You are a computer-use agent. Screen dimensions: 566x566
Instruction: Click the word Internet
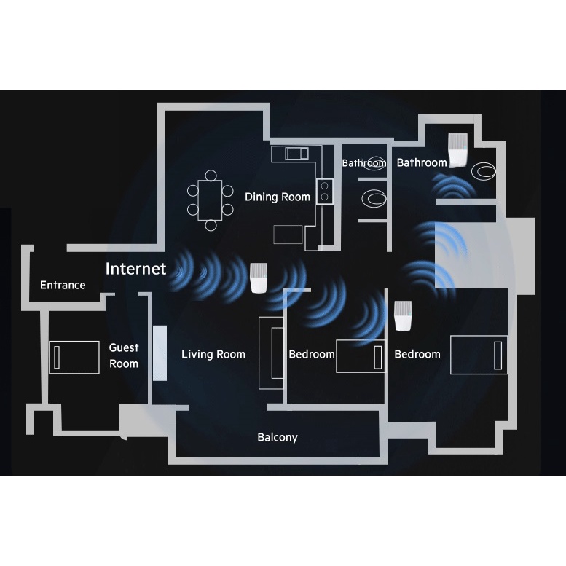pos(135,268)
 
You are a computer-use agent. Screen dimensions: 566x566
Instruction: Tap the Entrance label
pos(63,285)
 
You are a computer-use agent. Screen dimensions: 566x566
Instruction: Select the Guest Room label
pos(124,355)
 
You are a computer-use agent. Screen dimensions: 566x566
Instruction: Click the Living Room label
pos(213,354)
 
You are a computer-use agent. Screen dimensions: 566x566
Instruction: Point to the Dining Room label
pos(277,197)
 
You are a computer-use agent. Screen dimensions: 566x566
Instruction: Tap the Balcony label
pos(278,437)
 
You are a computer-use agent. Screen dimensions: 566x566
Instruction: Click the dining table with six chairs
pos(211,200)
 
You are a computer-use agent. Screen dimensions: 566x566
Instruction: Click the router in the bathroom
pos(457,151)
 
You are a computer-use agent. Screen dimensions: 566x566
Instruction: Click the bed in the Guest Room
pos(74,357)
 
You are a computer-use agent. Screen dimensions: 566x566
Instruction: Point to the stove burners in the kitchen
pos(325,191)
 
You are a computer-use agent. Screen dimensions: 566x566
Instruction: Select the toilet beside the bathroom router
pos(484,172)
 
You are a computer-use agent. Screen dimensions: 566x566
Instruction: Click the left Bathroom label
pos(363,163)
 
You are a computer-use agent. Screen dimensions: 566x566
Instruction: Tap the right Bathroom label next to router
pos(421,162)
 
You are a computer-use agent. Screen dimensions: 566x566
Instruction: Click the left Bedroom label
pos(312,354)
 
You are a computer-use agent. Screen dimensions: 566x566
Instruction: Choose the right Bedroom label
pos(417,354)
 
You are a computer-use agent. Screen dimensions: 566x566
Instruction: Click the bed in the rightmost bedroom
pos(478,355)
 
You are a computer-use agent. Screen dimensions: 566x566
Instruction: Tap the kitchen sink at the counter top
pos(296,153)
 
